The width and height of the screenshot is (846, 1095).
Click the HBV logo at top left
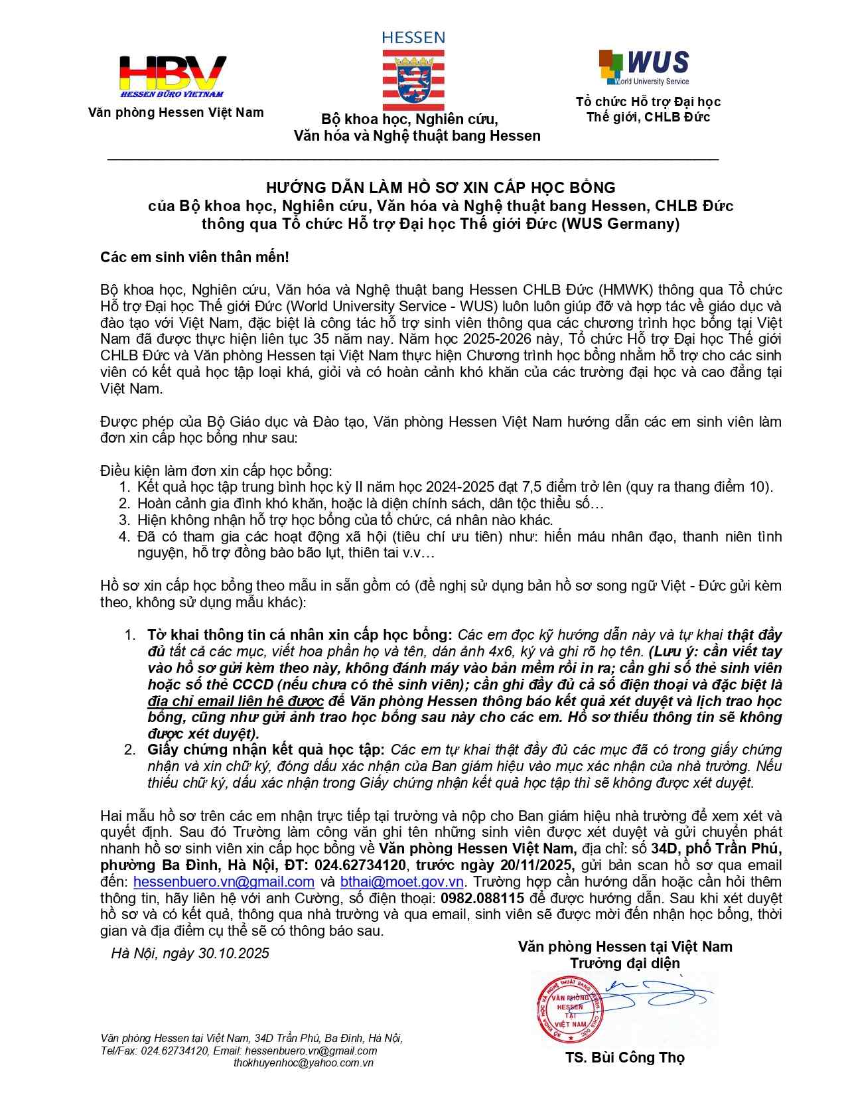173,76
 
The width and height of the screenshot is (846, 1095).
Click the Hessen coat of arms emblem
413,79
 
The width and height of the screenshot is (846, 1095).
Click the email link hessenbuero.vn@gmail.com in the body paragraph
224,882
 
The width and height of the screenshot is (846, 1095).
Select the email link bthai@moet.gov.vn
401,882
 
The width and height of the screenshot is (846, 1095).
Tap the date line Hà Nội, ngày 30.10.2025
190,954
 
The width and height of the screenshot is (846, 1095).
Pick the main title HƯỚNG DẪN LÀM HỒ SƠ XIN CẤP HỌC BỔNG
441,188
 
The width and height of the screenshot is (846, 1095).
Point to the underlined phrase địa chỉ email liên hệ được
236,701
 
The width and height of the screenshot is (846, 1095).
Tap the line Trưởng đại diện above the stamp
625,963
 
